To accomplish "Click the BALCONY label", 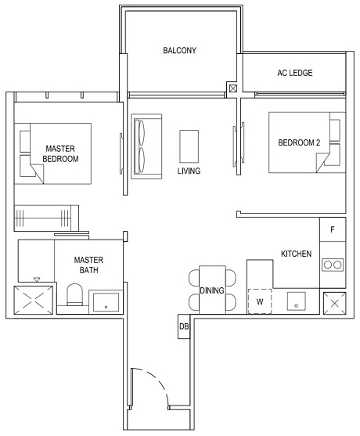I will tap(179, 51).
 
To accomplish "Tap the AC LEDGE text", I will tap(294, 73).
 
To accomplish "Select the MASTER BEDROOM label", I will tap(60, 153).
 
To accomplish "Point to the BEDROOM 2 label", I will tap(299, 142).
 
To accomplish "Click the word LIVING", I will tap(189, 171).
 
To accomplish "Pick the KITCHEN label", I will tap(297, 254).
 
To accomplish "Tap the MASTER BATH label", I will tap(89, 265).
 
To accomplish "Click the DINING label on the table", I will tap(211, 290).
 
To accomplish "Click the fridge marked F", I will tap(333, 229).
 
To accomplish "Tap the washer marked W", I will tap(260, 301).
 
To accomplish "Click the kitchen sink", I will tap(297, 301).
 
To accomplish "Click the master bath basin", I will tap(106, 302).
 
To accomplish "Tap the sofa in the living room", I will tap(145, 146).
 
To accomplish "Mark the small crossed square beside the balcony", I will tap(232, 89).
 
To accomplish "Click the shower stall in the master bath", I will tap(34, 301).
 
